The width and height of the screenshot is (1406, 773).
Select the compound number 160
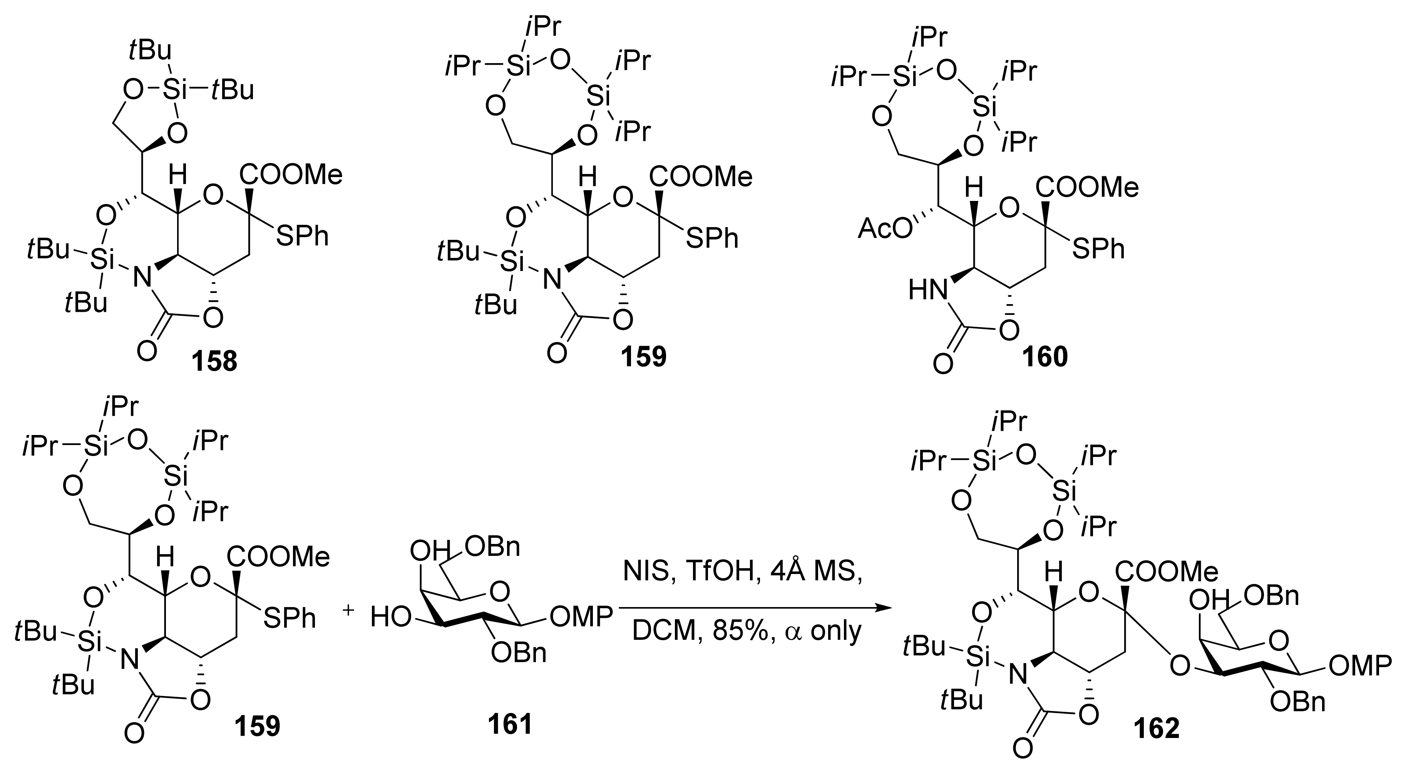click(x=1044, y=356)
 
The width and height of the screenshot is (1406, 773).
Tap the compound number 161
click(x=511, y=725)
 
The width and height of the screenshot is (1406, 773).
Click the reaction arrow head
click(x=880, y=607)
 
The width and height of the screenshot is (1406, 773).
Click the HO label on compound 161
click(x=390, y=617)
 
